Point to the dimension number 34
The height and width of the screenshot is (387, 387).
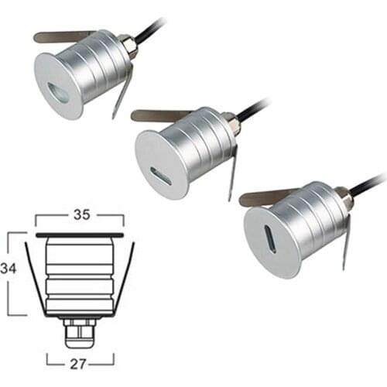(9, 269)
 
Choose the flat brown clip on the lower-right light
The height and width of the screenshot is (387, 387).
(259, 198)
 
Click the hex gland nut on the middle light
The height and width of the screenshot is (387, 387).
(230, 123)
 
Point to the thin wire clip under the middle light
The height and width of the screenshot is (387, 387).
(232, 174)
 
